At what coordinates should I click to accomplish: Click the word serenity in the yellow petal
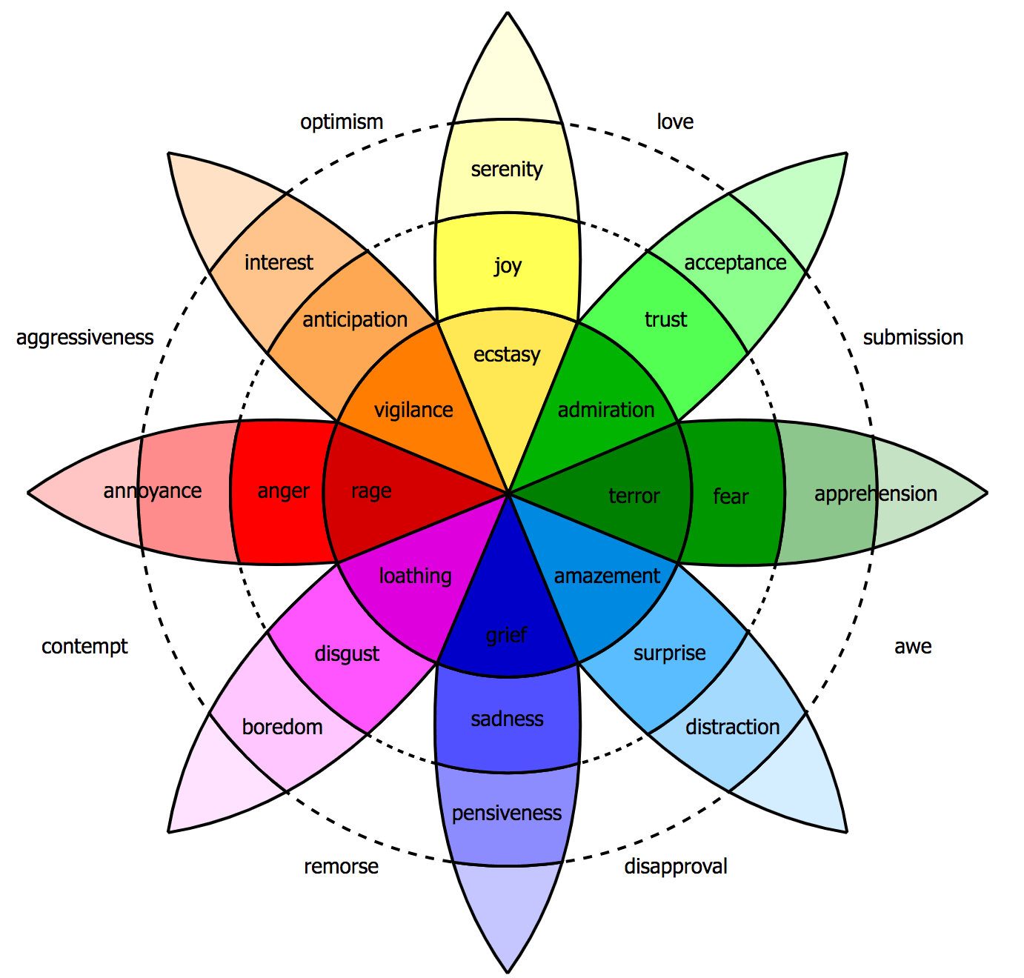pos(507,170)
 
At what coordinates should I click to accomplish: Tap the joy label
pos(508,265)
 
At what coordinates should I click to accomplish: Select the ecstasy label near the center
pos(507,354)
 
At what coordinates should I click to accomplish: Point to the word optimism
pos(342,122)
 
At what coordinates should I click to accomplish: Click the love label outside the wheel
pos(675,122)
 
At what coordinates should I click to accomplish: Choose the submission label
pos(913,338)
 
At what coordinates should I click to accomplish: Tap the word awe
pos(913,646)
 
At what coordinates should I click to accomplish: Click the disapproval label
pos(676,866)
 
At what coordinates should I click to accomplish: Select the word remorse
pos(341,866)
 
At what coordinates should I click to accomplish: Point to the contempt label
pos(84,646)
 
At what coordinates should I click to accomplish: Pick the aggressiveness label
pos(84,338)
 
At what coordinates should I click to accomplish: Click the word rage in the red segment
pos(371,490)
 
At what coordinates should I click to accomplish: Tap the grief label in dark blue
pos(507,635)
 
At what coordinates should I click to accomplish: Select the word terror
pos(634,496)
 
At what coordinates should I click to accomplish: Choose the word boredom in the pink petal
pos(282,727)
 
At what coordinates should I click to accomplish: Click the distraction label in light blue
pos(732,727)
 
